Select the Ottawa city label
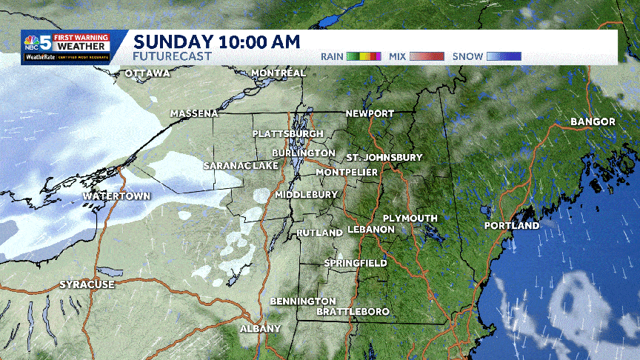click(x=147, y=73)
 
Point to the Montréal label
click(x=279, y=73)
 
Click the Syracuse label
click(x=87, y=284)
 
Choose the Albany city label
click(x=260, y=327)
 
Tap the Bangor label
click(x=593, y=121)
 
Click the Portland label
click(x=512, y=225)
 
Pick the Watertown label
click(x=116, y=196)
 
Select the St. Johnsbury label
click(x=384, y=158)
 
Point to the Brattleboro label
click(x=353, y=312)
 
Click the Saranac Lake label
click(x=240, y=166)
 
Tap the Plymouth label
click(x=410, y=218)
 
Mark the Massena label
click(x=194, y=113)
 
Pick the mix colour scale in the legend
click(x=428, y=56)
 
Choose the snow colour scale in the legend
click(x=504, y=56)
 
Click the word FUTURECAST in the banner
click(x=172, y=56)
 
